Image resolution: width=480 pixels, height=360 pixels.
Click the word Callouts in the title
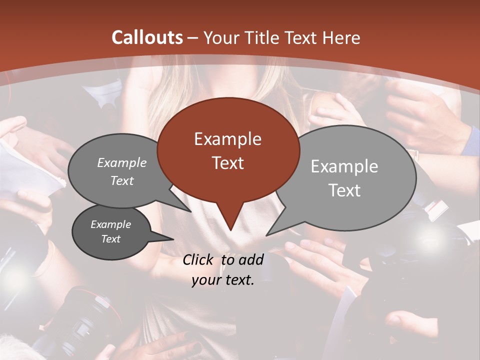pos(147,37)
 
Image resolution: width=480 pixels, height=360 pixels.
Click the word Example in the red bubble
pos(227,139)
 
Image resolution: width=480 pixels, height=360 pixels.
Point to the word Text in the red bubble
pos(227,163)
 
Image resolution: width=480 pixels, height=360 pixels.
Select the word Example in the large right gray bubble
pos(344,166)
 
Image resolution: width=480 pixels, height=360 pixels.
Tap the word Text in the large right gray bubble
pos(344,190)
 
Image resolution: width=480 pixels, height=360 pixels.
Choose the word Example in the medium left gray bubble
pos(122,162)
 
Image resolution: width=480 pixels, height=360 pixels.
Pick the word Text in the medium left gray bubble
pos(122,180)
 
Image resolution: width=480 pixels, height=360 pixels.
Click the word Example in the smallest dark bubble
pos(111,224)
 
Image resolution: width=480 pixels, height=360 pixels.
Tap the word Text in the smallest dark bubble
pos(111,239)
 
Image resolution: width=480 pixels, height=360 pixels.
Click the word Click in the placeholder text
pos(198,259)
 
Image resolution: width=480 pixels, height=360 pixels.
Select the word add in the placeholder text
pos(251,259)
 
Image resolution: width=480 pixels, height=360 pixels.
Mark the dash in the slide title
pos(193,38)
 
